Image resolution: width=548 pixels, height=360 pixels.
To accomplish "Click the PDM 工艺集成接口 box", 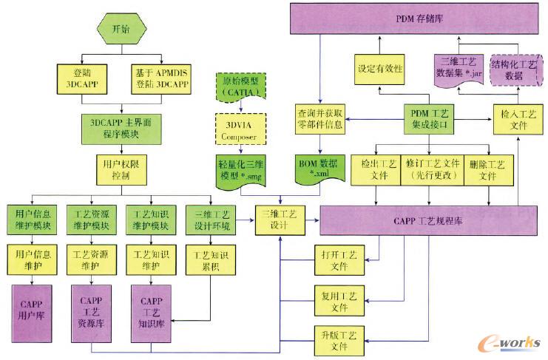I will click(425, 117).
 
